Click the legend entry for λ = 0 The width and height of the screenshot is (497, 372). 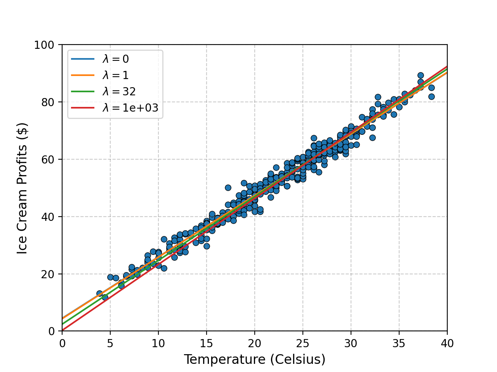tap(115, 59)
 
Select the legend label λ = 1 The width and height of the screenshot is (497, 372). tap(115, 75)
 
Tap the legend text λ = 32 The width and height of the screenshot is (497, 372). tap(119, 91)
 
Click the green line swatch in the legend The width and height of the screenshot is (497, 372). tap(83, 91)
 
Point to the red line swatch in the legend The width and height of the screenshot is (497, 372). tap(83, 108)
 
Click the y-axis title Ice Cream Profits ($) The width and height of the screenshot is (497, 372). tap(22, 188)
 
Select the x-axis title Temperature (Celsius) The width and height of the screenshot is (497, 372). tap(254, 360)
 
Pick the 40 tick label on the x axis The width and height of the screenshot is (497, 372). tap(447, 343)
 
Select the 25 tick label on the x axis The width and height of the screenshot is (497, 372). tap(302, 343)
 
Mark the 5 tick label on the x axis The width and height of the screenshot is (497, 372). tap(110, 343)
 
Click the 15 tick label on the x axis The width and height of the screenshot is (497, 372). tap(206, 343)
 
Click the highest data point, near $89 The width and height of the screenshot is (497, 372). tap(421, 76)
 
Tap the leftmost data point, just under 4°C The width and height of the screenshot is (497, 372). tap(99, 293)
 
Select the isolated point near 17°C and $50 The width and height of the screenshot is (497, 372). tap(228, 188)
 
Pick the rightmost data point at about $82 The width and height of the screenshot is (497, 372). tap(431, 96)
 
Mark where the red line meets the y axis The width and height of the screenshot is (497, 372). tap(62, 330)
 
